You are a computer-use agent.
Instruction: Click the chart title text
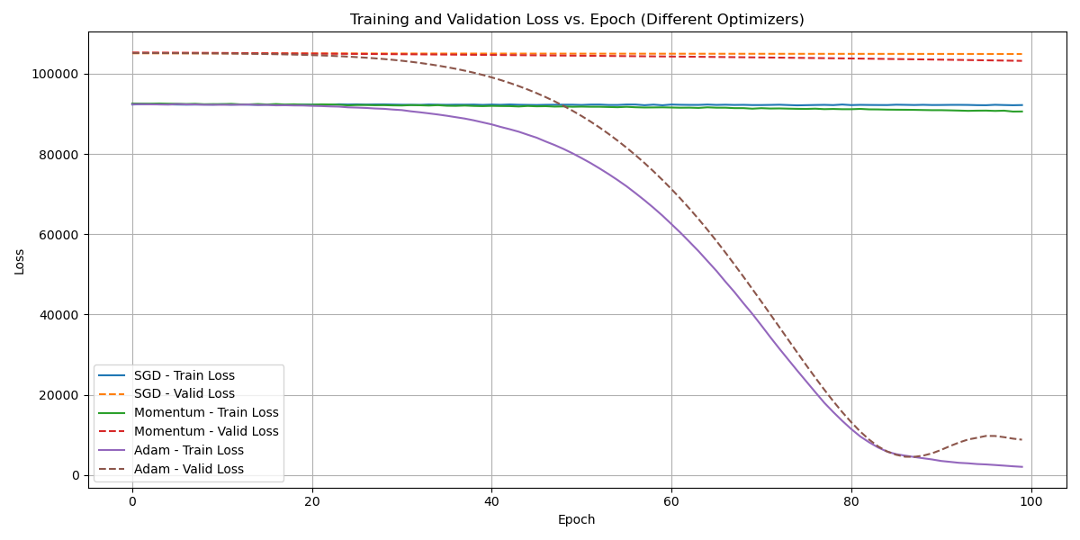pyautogui.click(x=577, y=20)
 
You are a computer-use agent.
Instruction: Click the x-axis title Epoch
pyautogui.click(x=577, y=519)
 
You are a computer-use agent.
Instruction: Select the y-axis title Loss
pyautogui.click(x=20, y=261)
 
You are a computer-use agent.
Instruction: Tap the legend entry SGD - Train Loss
pyautogui.click(x=184, y=375)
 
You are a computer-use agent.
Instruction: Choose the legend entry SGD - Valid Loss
pyautogui.click(x=184, y=394)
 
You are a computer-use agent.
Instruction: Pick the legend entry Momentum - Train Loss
pyautogui.click(x=206, y=413)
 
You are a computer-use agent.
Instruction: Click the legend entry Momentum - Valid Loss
pyautogui.click(x=206, y=431)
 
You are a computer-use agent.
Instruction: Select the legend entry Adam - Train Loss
pyautogui.click(x=188, y=450)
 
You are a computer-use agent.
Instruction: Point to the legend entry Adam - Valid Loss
pyautogui.click(x=188, y=469)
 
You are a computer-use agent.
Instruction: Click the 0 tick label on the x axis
pyautogui.click(x=132, y=500)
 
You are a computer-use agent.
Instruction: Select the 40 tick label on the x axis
pyautogui.click(x=491, y=500)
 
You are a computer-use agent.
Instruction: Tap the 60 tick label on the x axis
pyautogui.click(x=671, y=500)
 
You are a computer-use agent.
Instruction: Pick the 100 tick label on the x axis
pyautogui.click(x=1030, y=500)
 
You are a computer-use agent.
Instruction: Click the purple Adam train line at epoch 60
pyautogui.click(x=671, y=225)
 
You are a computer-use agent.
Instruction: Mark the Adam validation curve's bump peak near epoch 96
pyautogui.click(x=990, y=436)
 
